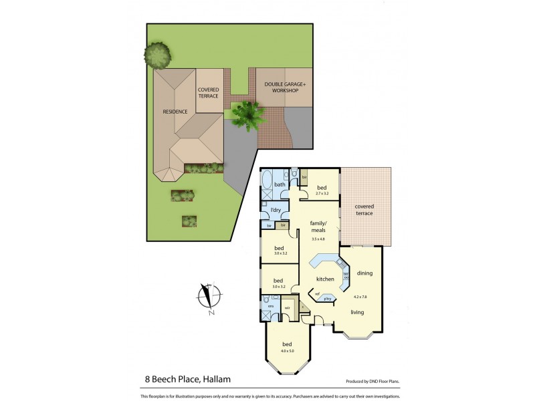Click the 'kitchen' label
point(325,279)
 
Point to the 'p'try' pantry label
point(328,298)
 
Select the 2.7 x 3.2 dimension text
point(322,193)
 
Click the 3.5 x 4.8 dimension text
point(318,239)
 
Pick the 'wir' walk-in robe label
point(287,307)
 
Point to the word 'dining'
point(364,273)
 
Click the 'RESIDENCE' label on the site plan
point(175,112)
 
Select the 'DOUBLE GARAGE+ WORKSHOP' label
point(285,87)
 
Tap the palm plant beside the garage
point(244,114)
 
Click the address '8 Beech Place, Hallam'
point(188,379)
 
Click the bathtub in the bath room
point(266,181)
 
